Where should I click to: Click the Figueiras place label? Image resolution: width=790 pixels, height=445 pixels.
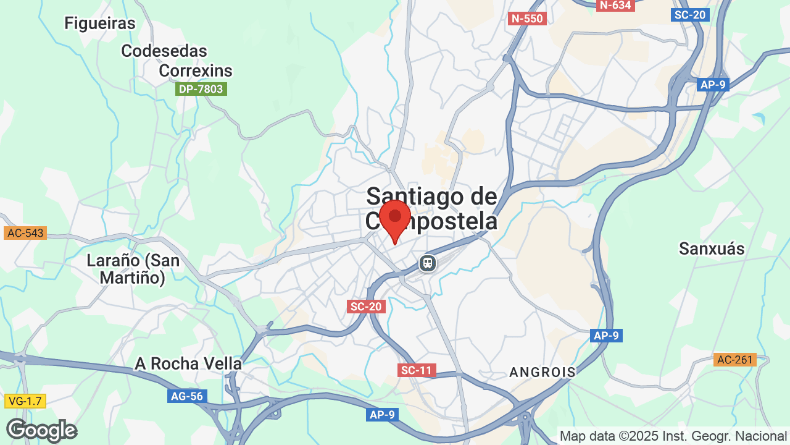pyautogui.click(x=100, y=23)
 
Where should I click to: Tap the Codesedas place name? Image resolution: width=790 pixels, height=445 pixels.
pyautogui.click(x=164, y=51)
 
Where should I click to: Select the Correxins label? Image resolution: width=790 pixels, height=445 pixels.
pyautogui.click(x=196, y=70)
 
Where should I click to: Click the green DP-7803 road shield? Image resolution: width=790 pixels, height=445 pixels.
pyautogui.click(x=201, y=89)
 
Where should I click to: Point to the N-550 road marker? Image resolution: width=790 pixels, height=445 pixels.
pyautogui.click(x=527, y=19)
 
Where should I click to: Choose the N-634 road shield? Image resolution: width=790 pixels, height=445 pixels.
pyautogui.click(x=616, y=6)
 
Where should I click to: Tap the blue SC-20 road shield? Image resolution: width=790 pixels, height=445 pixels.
pyautogui.click(x=690, y=14)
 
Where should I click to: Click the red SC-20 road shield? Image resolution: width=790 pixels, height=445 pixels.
pyautogui.click(x=367, y=306)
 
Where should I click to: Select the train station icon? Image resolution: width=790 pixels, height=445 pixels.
pyautogui.click(x=427, y=263)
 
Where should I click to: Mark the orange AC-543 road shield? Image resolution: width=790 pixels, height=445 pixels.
pyautogui.click(x=25, y=233)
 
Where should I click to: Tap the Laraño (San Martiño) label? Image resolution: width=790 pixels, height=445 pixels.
pyautogui.click(x=133, y=269)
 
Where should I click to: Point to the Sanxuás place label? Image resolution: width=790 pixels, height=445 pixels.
pyautogui.click(x=712, y=248)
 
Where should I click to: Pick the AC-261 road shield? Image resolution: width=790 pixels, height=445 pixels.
pyautogui.click(x=735, y=359)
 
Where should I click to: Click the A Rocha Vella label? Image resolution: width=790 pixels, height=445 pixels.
pyautogui.click(x=188, y=363)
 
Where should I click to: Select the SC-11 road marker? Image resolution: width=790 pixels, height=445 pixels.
pyautogui.click(x=417, y=370)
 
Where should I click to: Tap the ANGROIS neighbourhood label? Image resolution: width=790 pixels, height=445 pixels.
pyautogui.click(x=543, y=372)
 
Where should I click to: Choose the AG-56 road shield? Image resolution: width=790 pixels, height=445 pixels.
pyautogui.click(x=187, y=396)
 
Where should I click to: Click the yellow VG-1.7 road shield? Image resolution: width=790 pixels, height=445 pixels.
pyautogui.click(x=25, y=401)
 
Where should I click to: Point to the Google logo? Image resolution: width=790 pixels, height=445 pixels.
pyautogui.click(x=41, y=430)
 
